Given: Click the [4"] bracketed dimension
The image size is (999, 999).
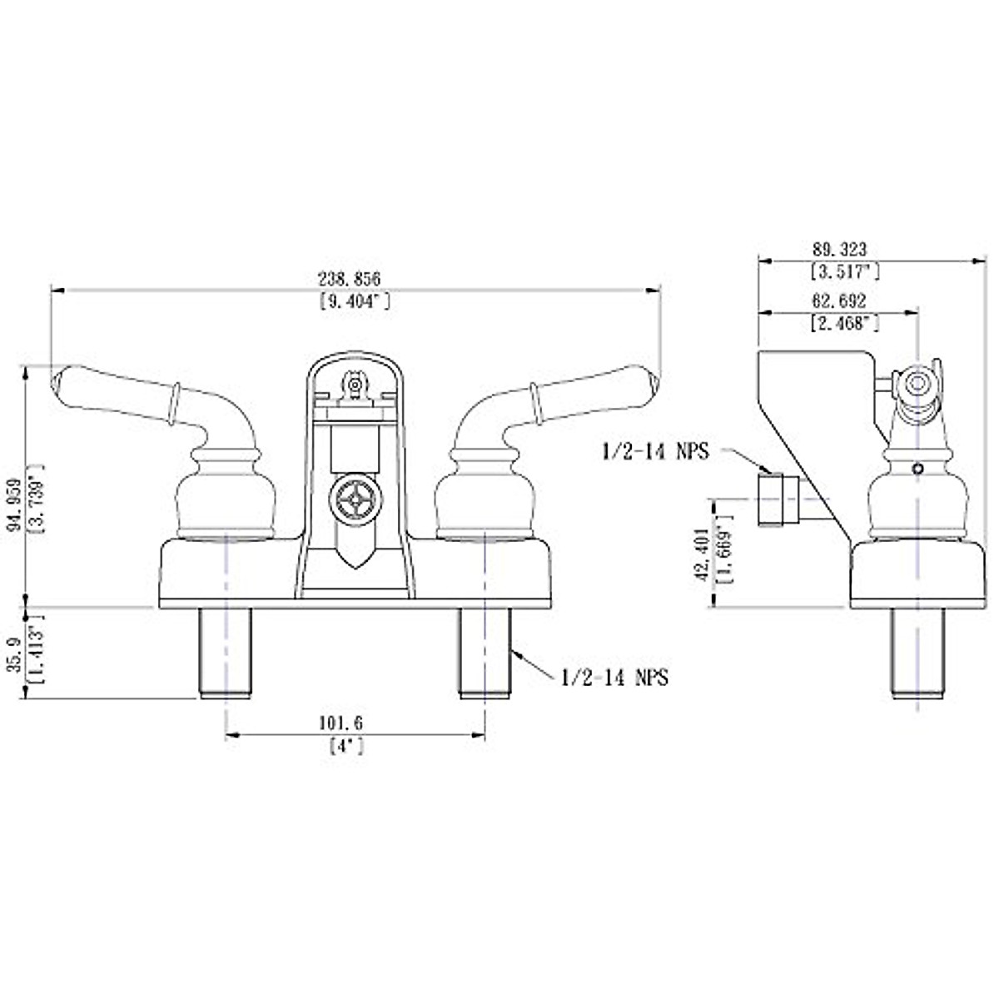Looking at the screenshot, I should pyautogui.click(x=346, y=746).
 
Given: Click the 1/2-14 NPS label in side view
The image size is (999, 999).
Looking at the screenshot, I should pyautogui.click(x=655, y=452).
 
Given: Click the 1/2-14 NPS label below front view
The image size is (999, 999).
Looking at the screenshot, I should pyautogui.click(x=614, y=678).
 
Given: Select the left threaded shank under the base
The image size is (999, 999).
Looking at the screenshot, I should pyautogui.click(x=226, y=651).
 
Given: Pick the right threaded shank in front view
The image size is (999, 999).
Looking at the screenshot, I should pyautogui.click(x=485, y=651).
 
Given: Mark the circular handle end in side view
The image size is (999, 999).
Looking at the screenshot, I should pyautogui.click(x=918, y=385).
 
